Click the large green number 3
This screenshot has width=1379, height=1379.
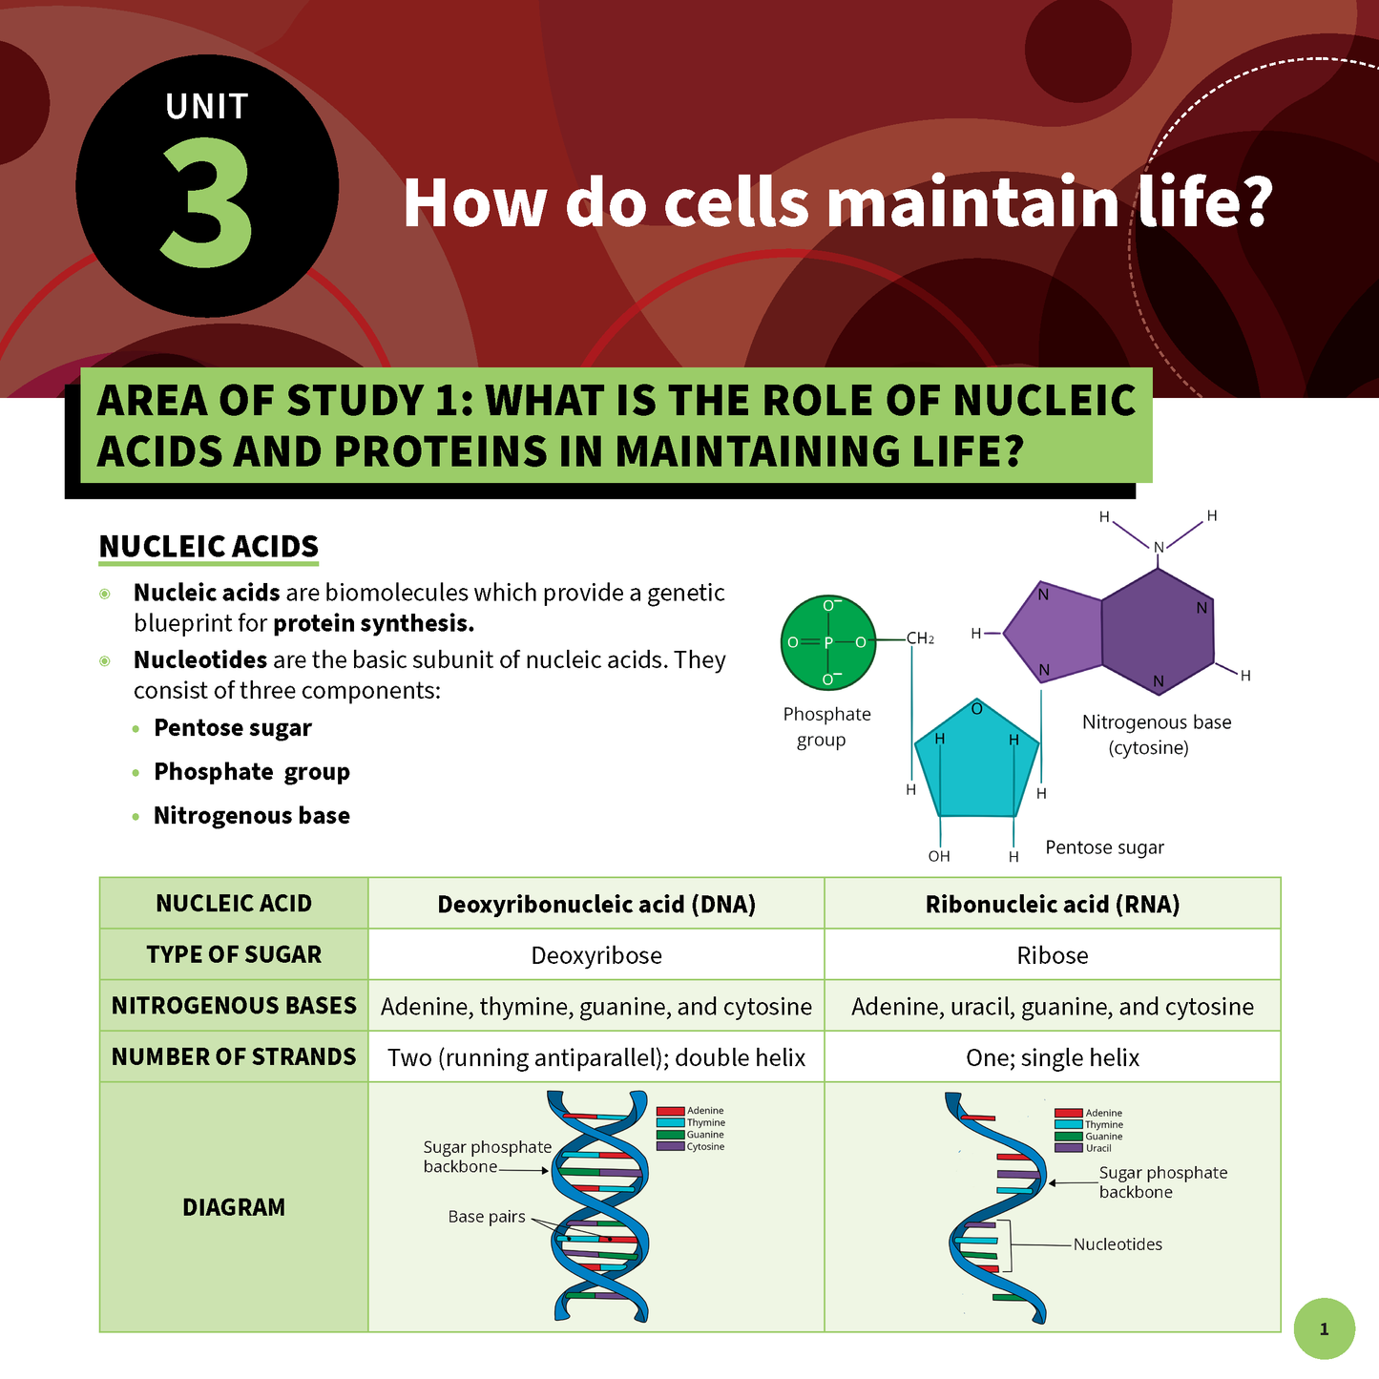tap(206, 203)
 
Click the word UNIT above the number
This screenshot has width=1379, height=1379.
tap(206, 107)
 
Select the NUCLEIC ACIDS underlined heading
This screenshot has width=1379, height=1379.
tap(208, 547)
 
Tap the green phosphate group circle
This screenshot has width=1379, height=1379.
tap(827, 642)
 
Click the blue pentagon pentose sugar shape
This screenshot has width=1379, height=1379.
tap(976, 763)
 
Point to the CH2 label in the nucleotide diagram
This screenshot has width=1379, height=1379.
tap(920, 638)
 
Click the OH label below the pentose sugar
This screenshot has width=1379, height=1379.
tap(939, 856)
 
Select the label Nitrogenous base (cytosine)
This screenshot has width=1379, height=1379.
tap(1156, 735)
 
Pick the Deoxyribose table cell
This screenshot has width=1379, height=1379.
tap(595, 955)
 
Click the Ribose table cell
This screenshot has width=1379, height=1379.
tap(1052, 955)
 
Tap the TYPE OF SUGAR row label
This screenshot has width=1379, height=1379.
tap(234, 954)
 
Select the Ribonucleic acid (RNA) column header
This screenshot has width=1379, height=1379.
tap(1052, 904)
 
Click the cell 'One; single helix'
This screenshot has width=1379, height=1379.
tap(1052, 1057)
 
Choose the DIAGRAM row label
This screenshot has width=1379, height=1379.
tap(234, 1207)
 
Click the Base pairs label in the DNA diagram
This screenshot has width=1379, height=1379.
tap(487, 1217)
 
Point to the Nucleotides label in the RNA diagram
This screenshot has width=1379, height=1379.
tap(1118, 1244)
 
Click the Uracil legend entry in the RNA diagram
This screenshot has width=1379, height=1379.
tap(1097, 1148)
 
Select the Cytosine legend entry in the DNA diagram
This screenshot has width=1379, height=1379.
tap(704, 1146)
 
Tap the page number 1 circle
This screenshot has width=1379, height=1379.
tap(1324, 1328)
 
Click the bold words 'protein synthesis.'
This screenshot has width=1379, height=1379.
tap(373, 624)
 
